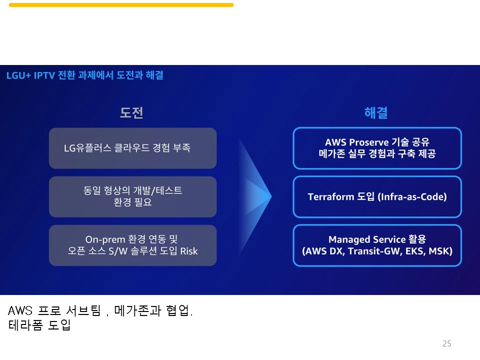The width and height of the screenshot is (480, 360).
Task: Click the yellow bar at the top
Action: tap(121, 5)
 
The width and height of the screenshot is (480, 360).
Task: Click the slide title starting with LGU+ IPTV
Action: tap(84, 75)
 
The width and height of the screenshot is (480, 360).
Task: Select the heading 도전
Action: tap(131, 112)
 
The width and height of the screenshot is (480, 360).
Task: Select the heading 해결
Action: tap(376, 112)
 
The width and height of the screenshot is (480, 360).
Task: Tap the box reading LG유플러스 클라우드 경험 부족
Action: tap(132, 148)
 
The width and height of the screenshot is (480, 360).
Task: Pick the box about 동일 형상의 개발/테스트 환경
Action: tap(132, 196)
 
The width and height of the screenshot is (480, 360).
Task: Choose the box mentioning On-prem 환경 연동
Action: tap(132, 245)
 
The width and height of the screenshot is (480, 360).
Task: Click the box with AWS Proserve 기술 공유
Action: tap(377, 148)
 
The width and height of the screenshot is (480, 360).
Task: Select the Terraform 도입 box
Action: tap(377, 196)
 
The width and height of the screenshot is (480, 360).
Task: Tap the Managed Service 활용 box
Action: tap(377, 245)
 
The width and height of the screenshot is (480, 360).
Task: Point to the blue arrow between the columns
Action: tap(255, 196)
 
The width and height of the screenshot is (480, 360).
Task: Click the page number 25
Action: tap(447, 343)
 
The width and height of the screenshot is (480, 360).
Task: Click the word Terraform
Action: tap(330, 196)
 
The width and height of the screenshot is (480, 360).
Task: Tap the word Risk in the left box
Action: tap(189, 251)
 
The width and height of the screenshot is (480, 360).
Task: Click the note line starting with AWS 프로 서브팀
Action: tap(100, 311)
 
